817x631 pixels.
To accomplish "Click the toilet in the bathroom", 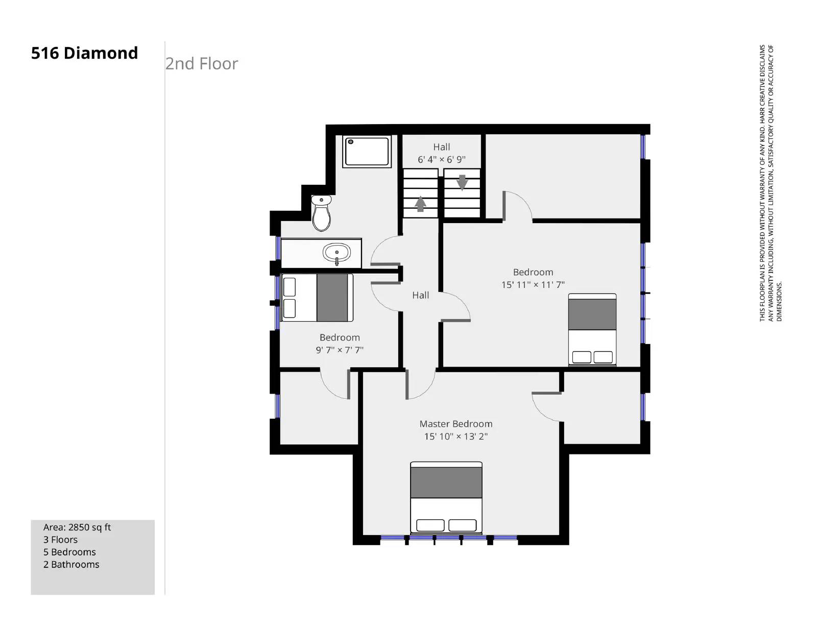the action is coord(321,213).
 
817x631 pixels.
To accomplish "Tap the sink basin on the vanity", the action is coord(337,253).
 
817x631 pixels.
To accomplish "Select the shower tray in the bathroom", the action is coord(367,151).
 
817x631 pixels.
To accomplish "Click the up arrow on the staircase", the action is coord(420,204).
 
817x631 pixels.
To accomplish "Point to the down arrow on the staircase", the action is coord(462,183).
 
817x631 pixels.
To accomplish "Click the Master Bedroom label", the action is coord(455,424).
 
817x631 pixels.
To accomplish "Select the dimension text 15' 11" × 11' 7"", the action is coord(533,284).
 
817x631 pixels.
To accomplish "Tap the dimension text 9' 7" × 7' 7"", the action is coord(340,350).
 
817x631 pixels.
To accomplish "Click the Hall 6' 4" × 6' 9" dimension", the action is coord(441,159).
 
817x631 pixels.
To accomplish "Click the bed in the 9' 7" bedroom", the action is coord(317,298).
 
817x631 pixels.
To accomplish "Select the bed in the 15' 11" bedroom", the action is coord(592,329).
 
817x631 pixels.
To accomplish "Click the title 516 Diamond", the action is coord(85,53).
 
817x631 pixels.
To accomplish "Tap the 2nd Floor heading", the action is coord(202,64).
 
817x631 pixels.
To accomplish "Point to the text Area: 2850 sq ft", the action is coord(77,527).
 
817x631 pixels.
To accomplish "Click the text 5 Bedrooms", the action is coord(69,552).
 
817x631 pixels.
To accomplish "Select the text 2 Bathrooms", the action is coord(71,565).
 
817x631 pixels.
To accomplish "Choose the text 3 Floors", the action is coord(61,540).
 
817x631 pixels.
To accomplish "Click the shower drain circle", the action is coord(351,142).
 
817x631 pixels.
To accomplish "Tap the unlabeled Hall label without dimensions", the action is coord(420,296).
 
